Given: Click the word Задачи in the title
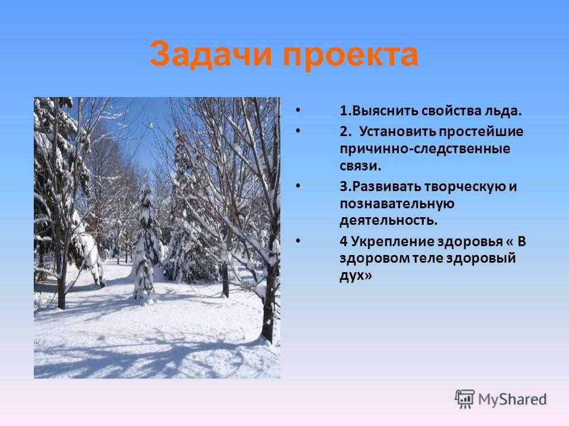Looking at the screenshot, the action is pos(210,54).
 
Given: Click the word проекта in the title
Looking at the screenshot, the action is pos(350,57).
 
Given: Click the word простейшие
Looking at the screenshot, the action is pos(481,132).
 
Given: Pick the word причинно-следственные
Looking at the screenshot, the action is pos(425,149).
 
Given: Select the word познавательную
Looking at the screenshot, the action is pos(397,204).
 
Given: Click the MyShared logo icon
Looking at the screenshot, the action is pos(465,399).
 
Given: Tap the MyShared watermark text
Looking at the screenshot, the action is pos(512,399).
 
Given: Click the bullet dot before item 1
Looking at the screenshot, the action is pos(298,110).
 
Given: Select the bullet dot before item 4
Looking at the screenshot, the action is pos(298,241).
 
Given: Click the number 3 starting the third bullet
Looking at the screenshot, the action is pos(343,187).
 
